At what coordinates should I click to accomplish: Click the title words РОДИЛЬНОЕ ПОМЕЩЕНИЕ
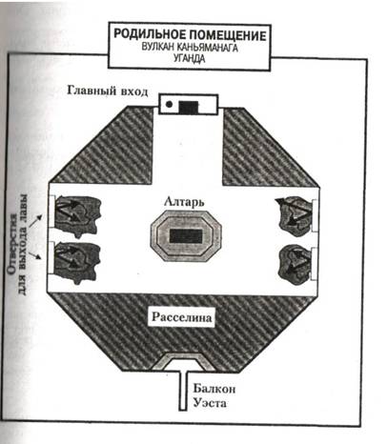coord(190,34)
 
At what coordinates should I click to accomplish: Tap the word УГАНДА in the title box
coord(190,58)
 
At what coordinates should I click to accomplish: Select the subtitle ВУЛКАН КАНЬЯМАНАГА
coord(190,48)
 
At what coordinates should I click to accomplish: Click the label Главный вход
coord(108,91)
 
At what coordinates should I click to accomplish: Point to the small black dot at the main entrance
coord(170,104)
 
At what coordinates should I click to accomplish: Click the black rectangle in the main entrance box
coord(189,108)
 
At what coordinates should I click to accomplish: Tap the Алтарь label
coord(184,202)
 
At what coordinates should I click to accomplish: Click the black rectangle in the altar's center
coord(186,236)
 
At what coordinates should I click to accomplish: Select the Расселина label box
coord(181,317)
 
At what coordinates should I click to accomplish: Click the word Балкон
coord(214,389)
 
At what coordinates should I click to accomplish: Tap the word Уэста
coord(210,403)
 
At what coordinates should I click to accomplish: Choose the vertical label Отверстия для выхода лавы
coord(18,244)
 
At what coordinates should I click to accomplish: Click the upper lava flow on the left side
coord(77,216)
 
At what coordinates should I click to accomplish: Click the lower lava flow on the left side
coord(77,263)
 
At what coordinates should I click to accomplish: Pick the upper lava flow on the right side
coord(295,216)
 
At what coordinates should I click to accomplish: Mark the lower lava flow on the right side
coord(295,265)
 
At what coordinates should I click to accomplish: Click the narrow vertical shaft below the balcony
coord(182,390)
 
